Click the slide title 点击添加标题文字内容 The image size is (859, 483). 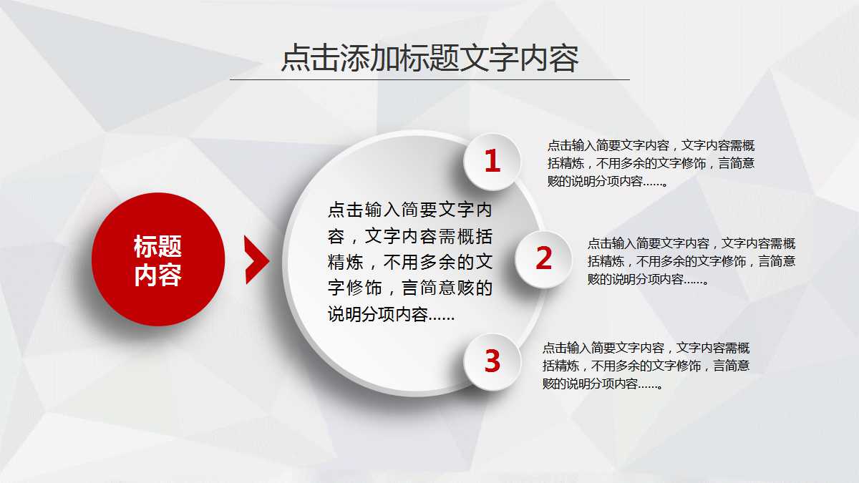pos(429,59)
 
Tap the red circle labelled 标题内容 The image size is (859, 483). pos(158,259)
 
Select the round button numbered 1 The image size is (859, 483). pos(492,162)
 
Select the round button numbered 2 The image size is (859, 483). pos(544,259)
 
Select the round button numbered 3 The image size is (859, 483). pos(492,361)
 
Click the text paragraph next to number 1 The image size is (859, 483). pos(650,162)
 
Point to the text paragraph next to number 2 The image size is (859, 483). pos(691,261)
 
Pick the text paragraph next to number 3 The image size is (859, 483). pos(646,366)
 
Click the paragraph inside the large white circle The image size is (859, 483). pos(410,262)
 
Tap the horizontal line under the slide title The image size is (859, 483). pos(429,79)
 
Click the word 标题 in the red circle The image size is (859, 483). pos(158,246)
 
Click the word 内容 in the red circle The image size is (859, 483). pos(158,275)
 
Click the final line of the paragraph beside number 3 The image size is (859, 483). pos(601,384)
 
